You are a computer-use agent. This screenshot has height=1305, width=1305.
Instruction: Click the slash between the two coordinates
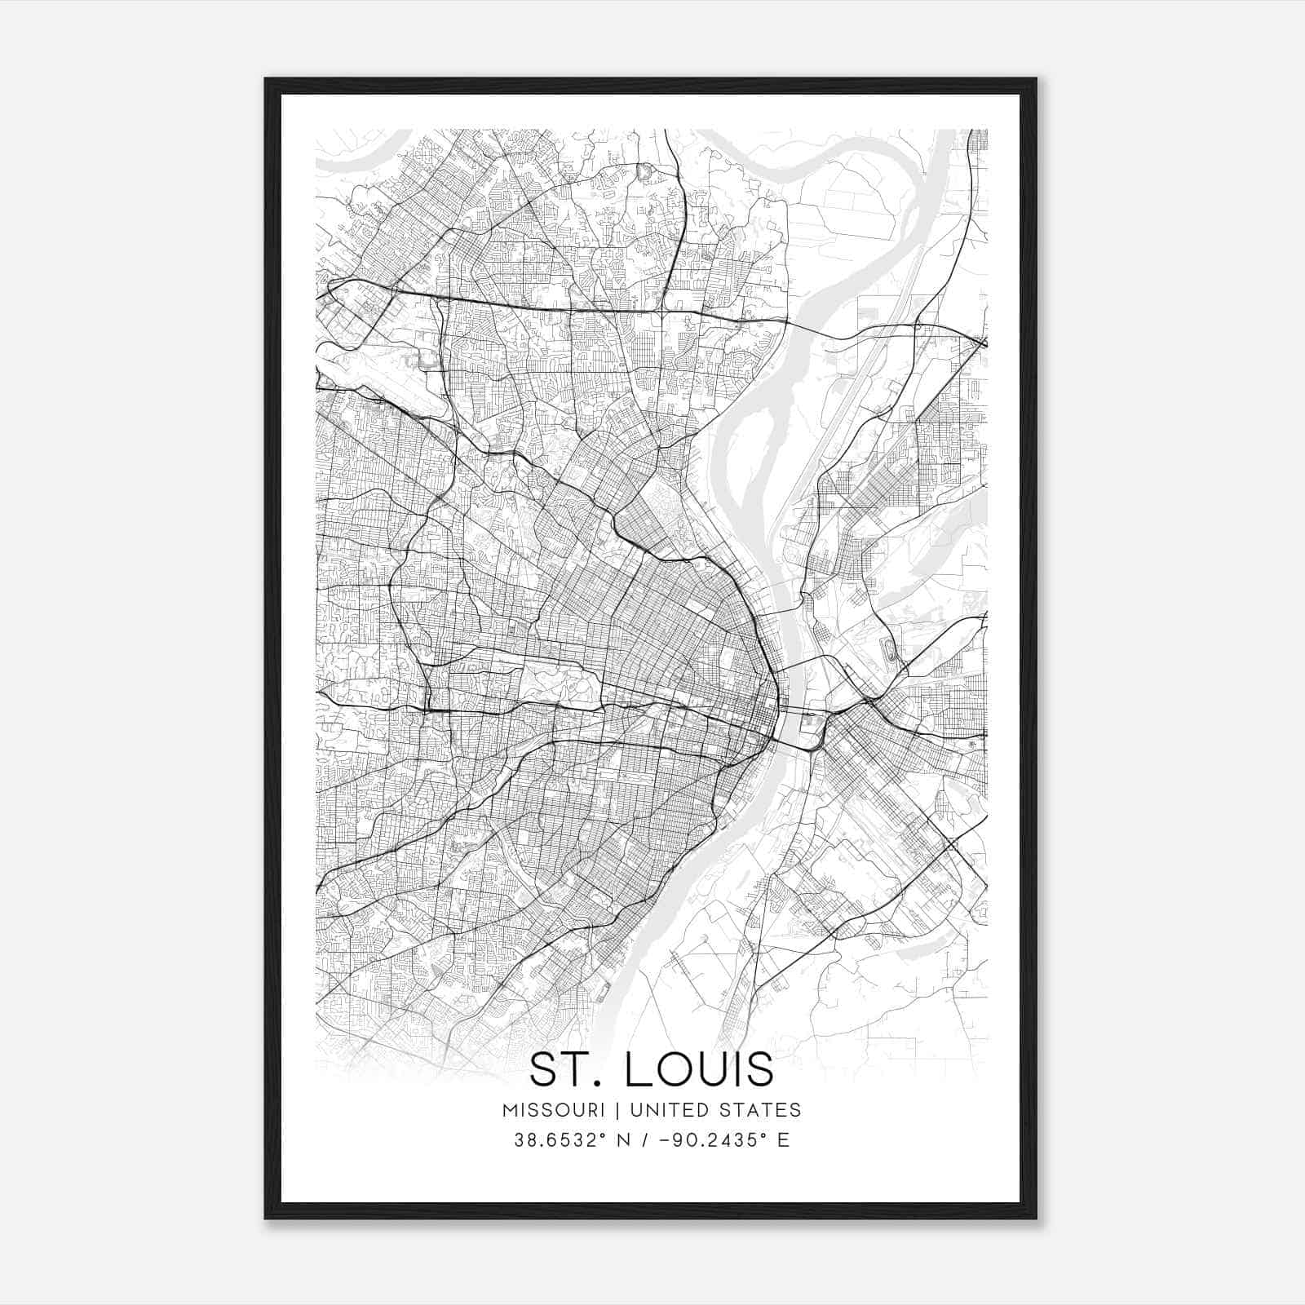click(x=647, y=1140)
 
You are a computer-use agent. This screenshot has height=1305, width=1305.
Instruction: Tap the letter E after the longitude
click(x=784, y=1140)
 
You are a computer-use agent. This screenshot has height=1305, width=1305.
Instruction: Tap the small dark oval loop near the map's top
click(x=643, y=172)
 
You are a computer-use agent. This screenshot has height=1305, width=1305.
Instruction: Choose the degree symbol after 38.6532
click(x=606, y=1135)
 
